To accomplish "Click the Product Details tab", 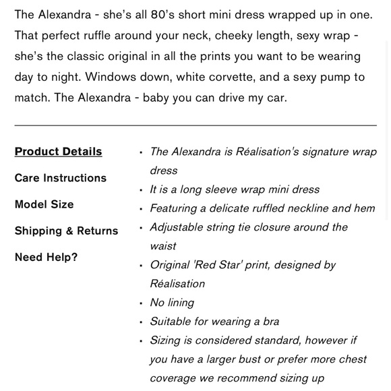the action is click(x=58, y=152).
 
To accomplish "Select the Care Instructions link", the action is click(x=60, y=178).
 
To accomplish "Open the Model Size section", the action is click(x=44, y=204).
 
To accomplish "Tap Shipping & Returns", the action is click(x=66, y=231).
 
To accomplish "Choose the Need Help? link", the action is click(x=46, y=257).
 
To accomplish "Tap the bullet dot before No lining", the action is click(x=140, y=303).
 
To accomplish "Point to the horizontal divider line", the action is click(x=195, y=125).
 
